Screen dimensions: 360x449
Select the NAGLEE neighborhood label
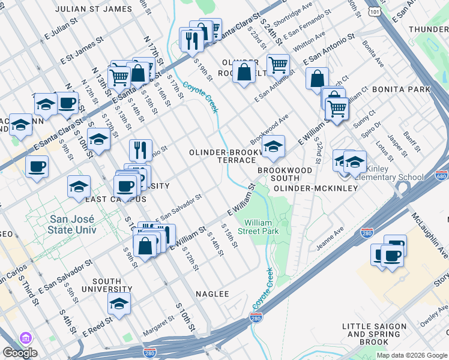[212, 294]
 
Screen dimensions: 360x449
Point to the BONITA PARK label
[402, 89]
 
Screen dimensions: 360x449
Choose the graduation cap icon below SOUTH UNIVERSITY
[119, 303]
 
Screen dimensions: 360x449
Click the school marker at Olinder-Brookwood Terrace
[273, 146]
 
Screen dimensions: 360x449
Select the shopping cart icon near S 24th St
[278, 65]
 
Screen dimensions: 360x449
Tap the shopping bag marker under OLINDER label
[244, 73]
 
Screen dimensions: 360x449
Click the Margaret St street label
[158, 330]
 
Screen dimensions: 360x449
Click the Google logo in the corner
[19, 353]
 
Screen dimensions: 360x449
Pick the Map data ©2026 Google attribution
[412, 355]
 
